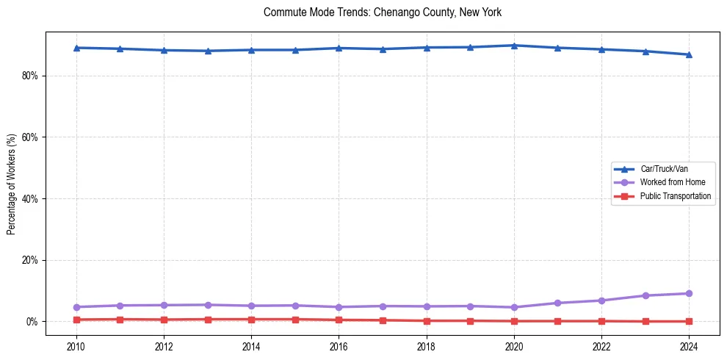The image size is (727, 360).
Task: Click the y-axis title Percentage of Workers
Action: tap(11, 184)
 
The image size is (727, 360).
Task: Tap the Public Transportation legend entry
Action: tap(675, 196)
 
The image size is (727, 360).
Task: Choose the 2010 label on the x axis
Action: tap(76, 346)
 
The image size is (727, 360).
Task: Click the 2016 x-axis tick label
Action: tap(339, 346)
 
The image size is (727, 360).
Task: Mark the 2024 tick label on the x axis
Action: tap(688, 346)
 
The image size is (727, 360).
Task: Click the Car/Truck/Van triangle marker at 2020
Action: tap(514, 46)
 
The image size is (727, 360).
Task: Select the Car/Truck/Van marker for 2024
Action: tap(689, 54)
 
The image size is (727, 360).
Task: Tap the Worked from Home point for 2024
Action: tap(689, 294)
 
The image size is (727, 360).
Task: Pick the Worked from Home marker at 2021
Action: tap(557, 303)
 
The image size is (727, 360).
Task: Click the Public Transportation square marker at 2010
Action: tap(76, 320)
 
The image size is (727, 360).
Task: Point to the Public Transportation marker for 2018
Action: tap(427, 320)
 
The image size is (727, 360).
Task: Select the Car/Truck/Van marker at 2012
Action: tap(164, 50)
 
